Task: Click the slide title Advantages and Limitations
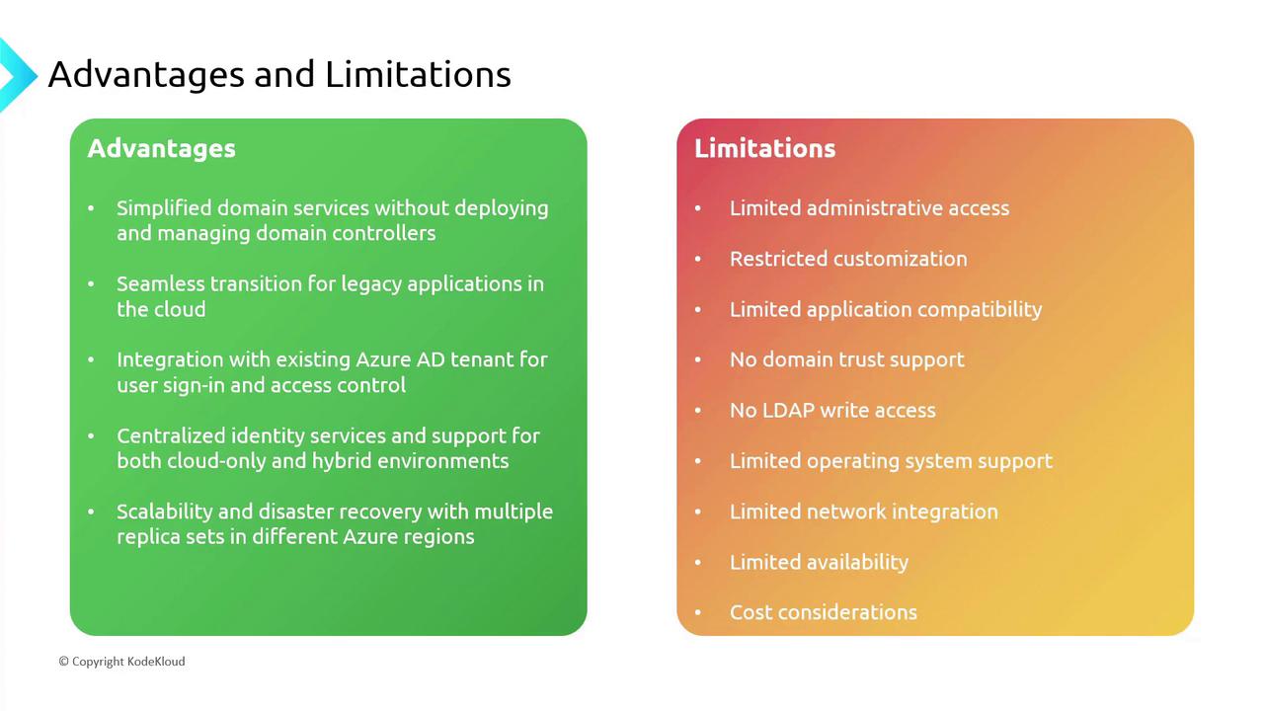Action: point(279,74)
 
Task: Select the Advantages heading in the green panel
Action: point(161,148)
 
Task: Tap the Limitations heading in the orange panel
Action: point(764,148)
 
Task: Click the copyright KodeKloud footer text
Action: point(121,662)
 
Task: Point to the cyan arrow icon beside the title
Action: point(15,74)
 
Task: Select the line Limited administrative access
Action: point(869,208)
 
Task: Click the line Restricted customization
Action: point(848,259)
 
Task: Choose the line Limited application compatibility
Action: point(886,309)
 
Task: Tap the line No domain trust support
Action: point(846,359)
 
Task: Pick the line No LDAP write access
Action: point(832,410)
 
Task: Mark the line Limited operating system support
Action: point(891,461)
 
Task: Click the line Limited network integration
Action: point(863,512)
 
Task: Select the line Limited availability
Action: point(819,562)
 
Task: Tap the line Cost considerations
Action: point(823,612)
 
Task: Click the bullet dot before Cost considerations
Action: point(697,612)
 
